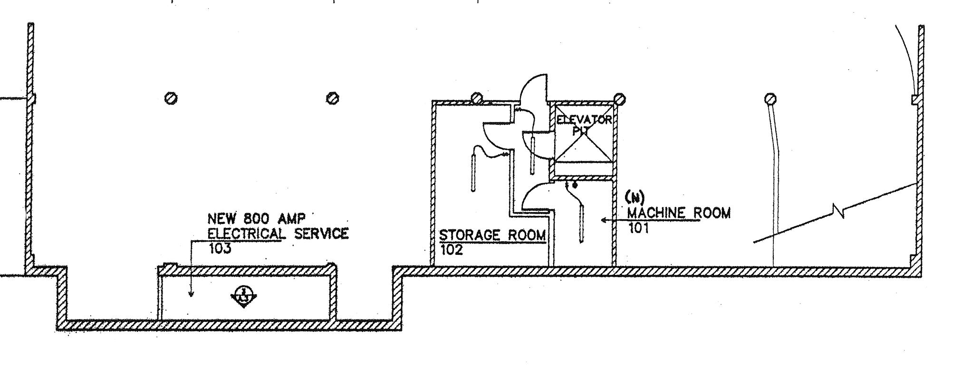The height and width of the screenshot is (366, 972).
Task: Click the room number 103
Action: [220, 248]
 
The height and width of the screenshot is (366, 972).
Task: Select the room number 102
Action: [452, 250]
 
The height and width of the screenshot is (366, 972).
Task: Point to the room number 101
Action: [639, 228]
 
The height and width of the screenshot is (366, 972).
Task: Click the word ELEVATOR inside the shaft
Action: [584, 120]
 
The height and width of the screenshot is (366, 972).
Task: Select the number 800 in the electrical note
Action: [257, 219]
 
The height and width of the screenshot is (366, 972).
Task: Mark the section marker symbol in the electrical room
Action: [244, 297]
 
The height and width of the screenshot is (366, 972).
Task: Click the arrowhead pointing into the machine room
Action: [604, 220]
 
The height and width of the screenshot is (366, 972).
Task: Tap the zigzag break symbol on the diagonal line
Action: [839, 209]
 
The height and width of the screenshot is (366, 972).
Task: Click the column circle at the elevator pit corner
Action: [619, 100]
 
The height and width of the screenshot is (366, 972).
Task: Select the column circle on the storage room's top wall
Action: [476, 98]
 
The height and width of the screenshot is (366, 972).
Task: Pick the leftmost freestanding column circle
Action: [171, 98]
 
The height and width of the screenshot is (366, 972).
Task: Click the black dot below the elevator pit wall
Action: [575, 185]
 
